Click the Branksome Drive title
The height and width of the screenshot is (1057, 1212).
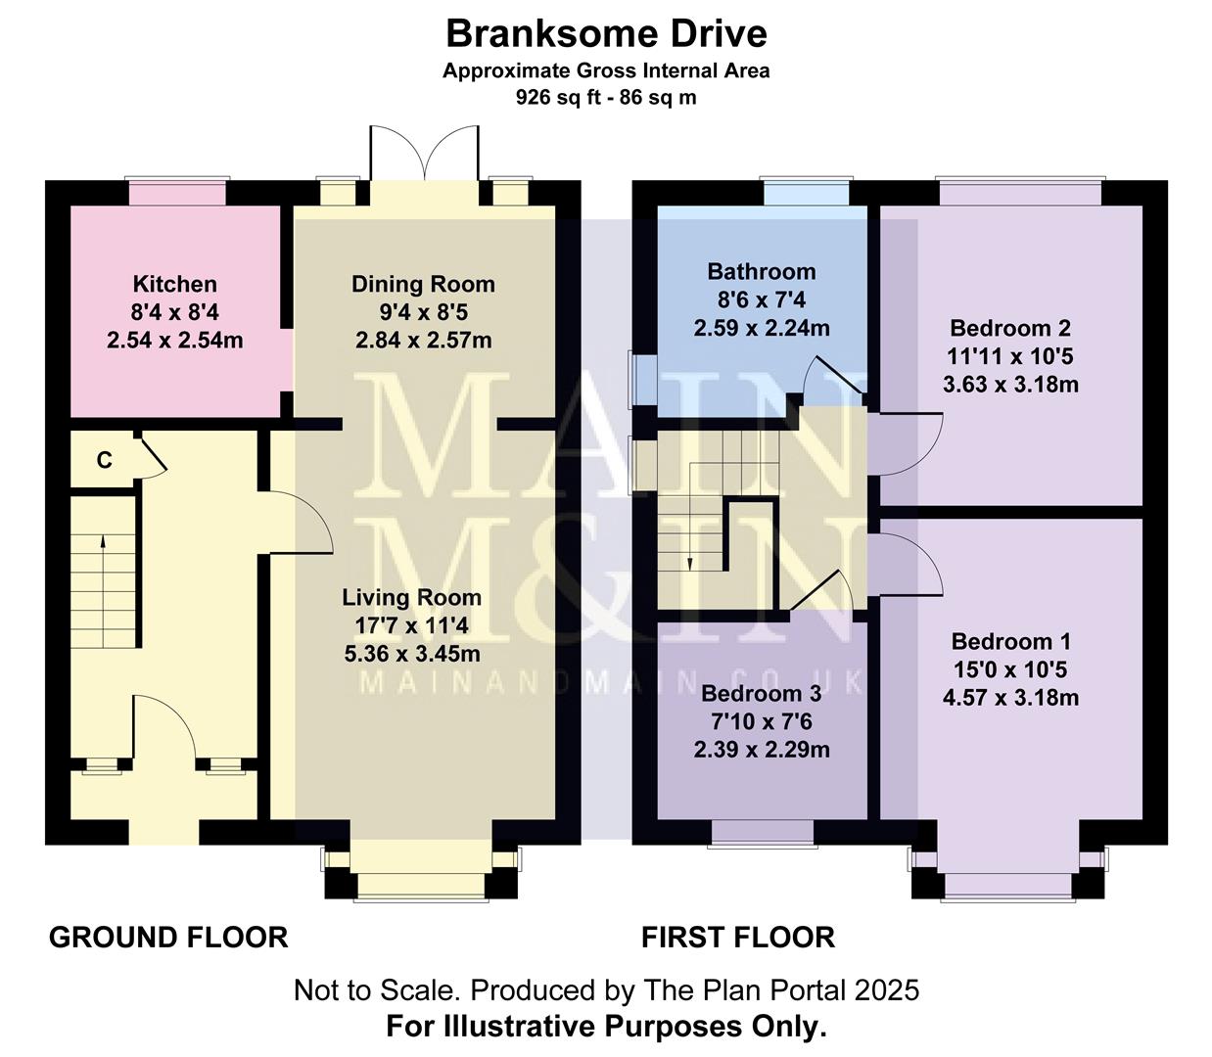coord(606,34)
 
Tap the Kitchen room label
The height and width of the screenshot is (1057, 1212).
coord(174,285)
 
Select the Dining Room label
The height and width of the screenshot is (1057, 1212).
coord(423,285)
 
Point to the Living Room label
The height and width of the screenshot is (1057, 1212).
coord(411,598)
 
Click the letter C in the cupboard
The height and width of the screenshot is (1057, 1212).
coord(104,460)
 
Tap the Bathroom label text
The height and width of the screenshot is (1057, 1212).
coord(761,272)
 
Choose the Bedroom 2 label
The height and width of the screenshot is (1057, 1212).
coord(1010,328)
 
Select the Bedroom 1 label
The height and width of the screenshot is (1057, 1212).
coord(1010,642)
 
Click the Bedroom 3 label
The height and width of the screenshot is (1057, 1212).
coord(761,695)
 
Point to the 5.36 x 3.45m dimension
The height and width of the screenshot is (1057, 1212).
coord(412,654)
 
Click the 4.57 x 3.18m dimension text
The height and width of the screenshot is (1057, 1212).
coord(1010,698)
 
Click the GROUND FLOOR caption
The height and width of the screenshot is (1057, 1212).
coord(168,938)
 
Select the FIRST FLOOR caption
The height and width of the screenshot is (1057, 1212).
coord(738,938)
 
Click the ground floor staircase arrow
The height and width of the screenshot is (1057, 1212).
coord(102,564)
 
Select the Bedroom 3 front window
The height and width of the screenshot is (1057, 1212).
coord(762,832)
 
